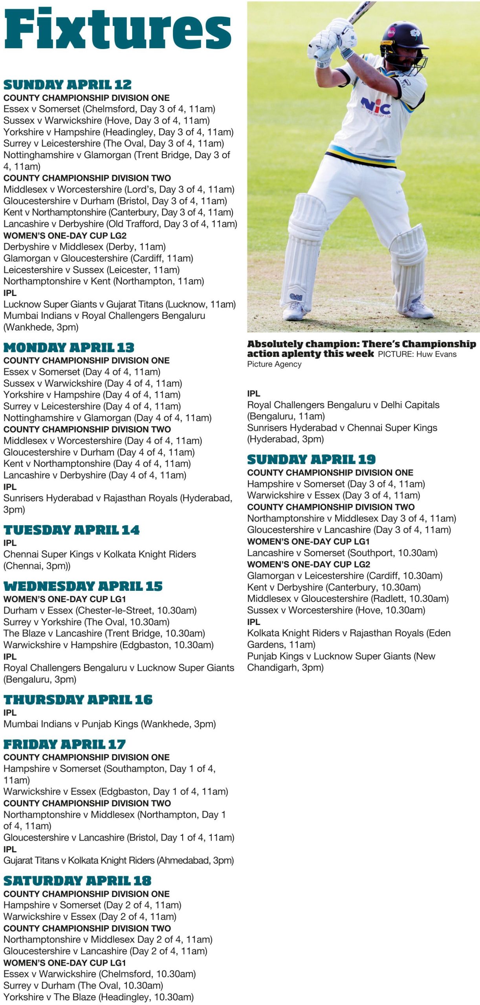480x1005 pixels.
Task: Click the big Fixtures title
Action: point(117,29)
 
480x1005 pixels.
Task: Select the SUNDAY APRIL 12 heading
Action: point(68,85)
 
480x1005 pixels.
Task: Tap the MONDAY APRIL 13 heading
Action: point(69,347)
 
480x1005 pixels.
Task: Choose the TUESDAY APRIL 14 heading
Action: point(71,530)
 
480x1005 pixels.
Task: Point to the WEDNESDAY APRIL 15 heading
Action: point(83,586)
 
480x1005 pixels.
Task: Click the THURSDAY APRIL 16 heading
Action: point(78,700)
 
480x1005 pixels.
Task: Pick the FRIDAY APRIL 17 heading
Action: point(64,744)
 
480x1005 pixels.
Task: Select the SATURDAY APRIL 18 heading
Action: point(77,881)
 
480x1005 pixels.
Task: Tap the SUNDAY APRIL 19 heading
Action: point(311,459)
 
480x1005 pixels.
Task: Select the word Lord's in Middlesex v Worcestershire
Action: point(140,190)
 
